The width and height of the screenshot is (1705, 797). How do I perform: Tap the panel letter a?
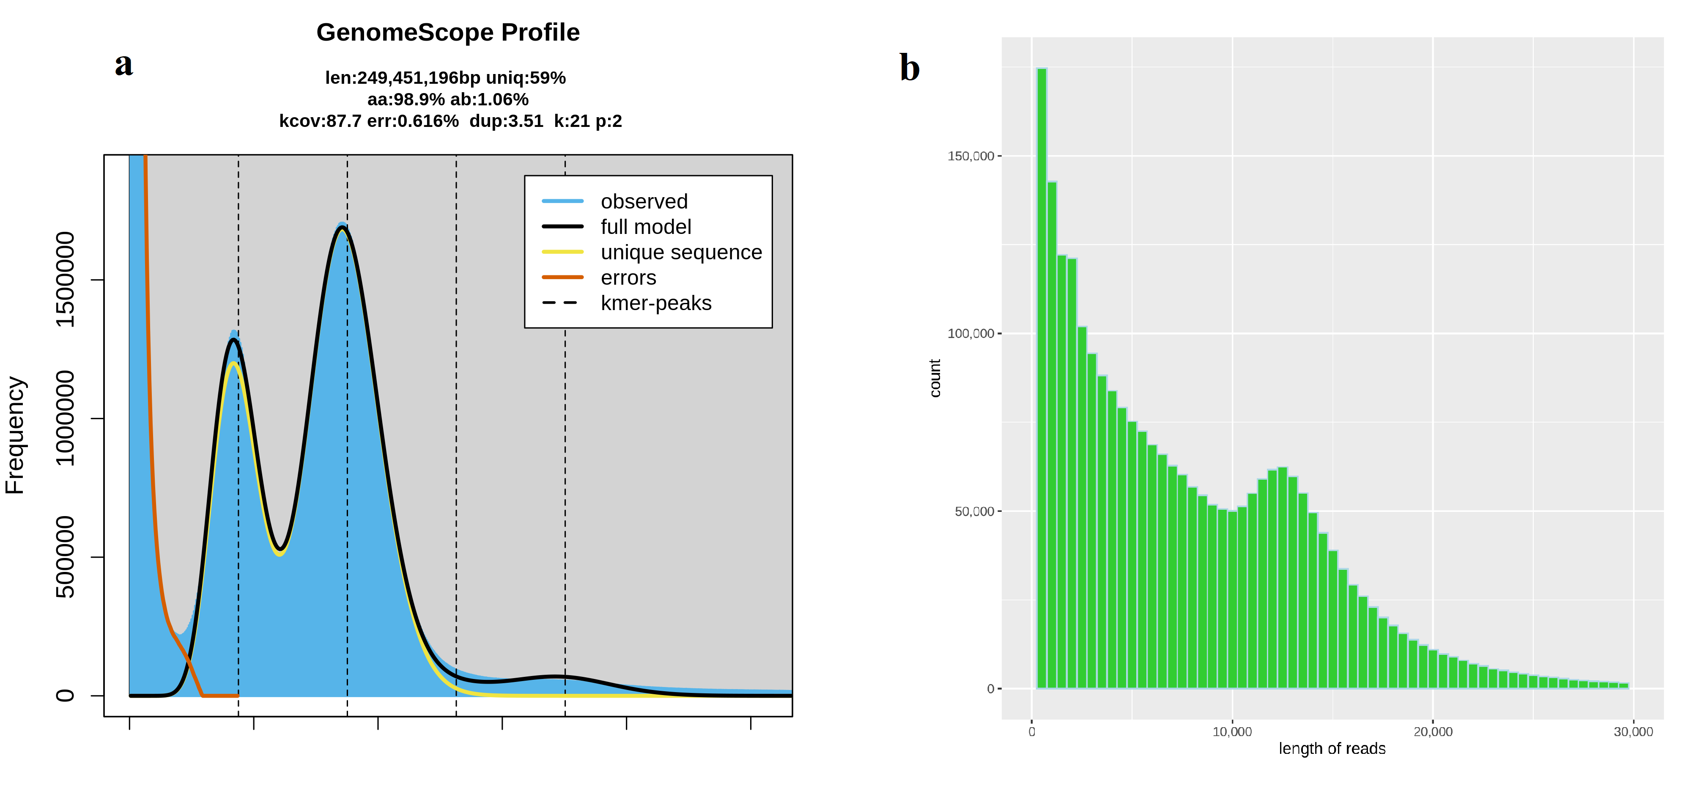[x=124, y=64]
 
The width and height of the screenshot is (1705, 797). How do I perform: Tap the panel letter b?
[x=910, y=68]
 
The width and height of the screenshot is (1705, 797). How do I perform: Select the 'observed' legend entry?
[x=643, y=201]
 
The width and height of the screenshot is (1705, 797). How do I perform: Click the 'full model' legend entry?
[x=645, y=227]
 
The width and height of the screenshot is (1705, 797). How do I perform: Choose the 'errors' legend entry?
[x=628, y=278]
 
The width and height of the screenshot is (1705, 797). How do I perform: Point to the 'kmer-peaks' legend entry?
[x=655, y=303]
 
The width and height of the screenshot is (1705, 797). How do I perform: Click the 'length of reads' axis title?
[x=1332, y=749]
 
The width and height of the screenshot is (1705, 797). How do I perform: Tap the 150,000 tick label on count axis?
[x=970, y=156]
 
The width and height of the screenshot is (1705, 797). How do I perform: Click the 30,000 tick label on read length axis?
[x=1633, y=731]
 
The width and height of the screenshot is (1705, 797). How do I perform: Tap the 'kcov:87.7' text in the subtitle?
[x=320, y=121]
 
